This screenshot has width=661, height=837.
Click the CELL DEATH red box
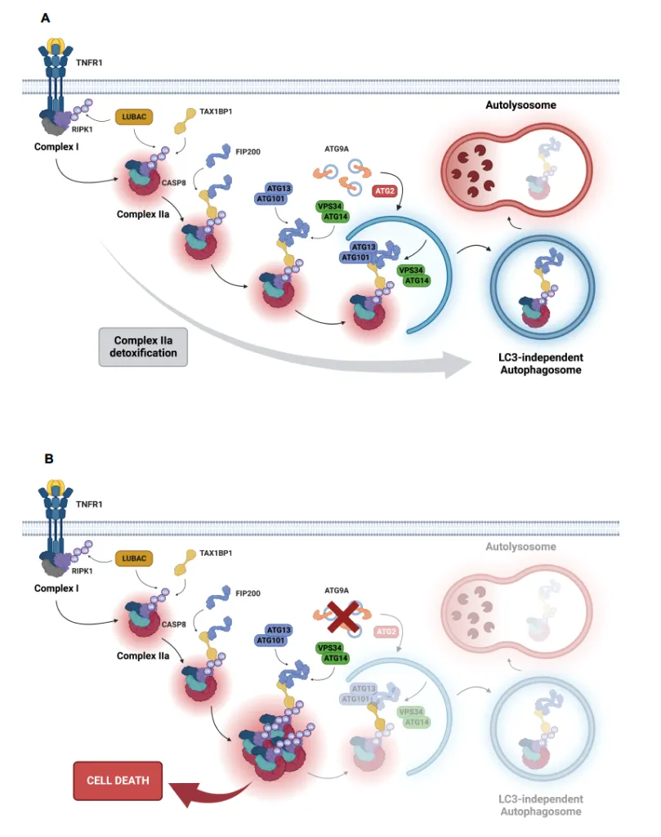118,780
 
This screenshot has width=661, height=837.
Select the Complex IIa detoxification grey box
142,347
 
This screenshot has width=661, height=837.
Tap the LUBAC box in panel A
134,119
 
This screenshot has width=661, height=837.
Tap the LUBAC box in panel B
134,557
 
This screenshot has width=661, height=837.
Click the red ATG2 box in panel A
385,191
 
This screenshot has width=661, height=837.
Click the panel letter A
47,17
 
